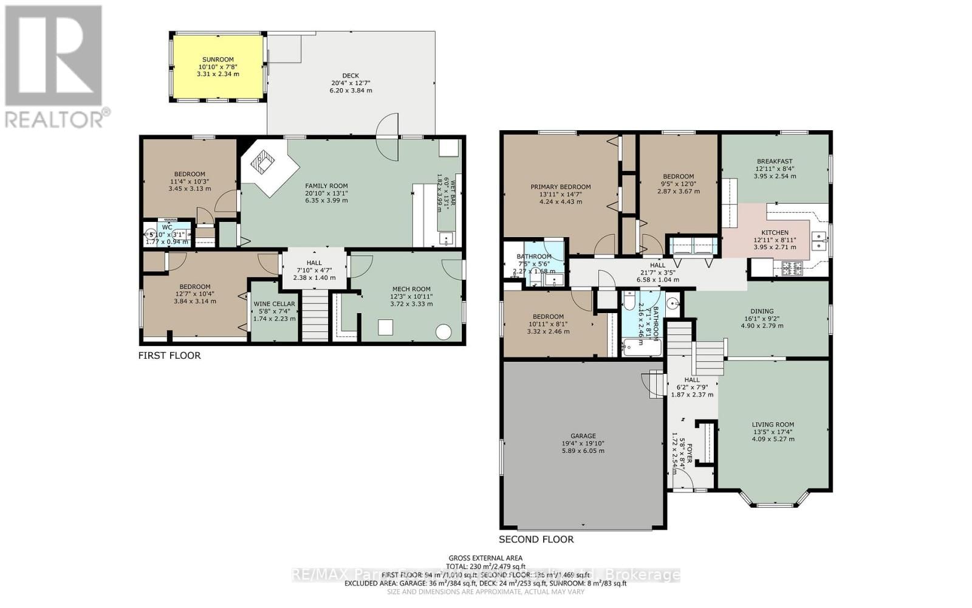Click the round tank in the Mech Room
(x=443, y=332)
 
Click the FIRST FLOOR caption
(x=169, y=356)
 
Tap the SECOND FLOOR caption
(x=536, y=539)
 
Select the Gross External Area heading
(x=485, y=558)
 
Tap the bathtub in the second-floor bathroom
(x=640, y=348)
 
